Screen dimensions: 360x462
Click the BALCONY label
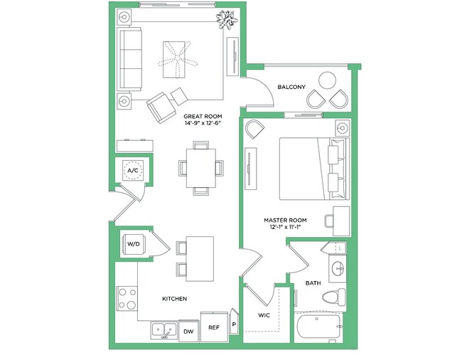point(291,87)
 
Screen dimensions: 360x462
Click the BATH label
point(313,283)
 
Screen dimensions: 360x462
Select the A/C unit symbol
point(132,171)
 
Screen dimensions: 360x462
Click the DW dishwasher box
point(188,331)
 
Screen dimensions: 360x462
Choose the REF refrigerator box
point(213,327)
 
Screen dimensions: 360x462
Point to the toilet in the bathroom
point(333,297)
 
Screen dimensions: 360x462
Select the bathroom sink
point(337,269)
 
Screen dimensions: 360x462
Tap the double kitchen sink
point(164,329)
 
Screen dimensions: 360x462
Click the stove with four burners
point(127,299)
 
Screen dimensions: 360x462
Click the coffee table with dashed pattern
point(175,58)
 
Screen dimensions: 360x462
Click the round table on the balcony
point(328,80)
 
